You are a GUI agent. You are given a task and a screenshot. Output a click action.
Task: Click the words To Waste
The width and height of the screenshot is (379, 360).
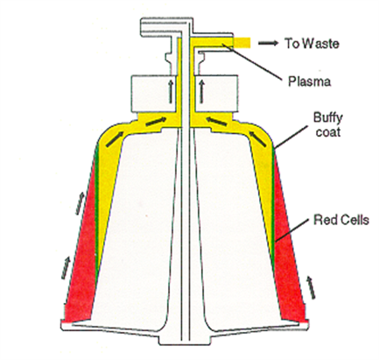(312, 44)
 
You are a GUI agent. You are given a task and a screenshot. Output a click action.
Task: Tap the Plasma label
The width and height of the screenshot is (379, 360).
(310, 81)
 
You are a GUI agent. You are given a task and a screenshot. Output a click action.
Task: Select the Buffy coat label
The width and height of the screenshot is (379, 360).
(328, 124)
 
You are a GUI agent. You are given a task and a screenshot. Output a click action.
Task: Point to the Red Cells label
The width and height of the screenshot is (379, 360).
(341, 220)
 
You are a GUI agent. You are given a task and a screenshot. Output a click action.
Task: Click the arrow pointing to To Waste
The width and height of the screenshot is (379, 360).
(268, 43)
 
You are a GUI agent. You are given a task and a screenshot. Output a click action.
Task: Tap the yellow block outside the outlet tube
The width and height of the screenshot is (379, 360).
(242, 43)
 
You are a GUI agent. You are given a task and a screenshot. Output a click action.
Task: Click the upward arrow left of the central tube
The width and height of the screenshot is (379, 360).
(171, 92)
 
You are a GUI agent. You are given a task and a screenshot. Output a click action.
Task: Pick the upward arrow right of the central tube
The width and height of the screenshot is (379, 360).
(201, 92)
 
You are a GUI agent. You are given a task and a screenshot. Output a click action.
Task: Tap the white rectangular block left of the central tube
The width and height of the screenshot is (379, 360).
(152, 93)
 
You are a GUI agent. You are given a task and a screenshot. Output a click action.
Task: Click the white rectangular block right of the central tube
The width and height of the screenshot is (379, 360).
(216, 93)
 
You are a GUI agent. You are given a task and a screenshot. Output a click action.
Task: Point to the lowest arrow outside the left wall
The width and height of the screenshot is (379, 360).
(66, 267)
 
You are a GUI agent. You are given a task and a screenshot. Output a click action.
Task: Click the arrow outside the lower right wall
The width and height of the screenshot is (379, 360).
(311, 288)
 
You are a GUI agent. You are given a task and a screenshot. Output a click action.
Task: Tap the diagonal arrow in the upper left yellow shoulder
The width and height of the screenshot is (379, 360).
(114, 139)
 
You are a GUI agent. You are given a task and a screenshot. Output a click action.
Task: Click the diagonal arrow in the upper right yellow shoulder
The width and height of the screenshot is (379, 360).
(258, 139)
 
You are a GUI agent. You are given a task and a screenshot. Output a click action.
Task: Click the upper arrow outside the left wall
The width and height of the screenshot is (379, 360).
(81, 203)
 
